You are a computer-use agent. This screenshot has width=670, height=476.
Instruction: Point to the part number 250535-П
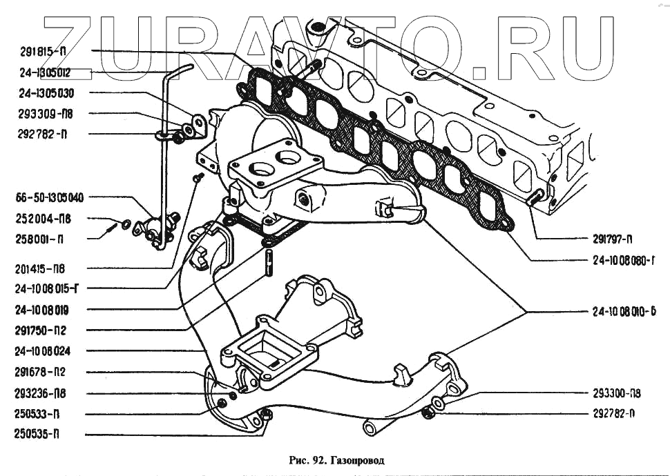tap(37, 435)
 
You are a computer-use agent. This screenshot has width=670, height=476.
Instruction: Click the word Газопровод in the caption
tap(357, 459)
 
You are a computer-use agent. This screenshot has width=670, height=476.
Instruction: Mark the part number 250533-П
tap(37, 414)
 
